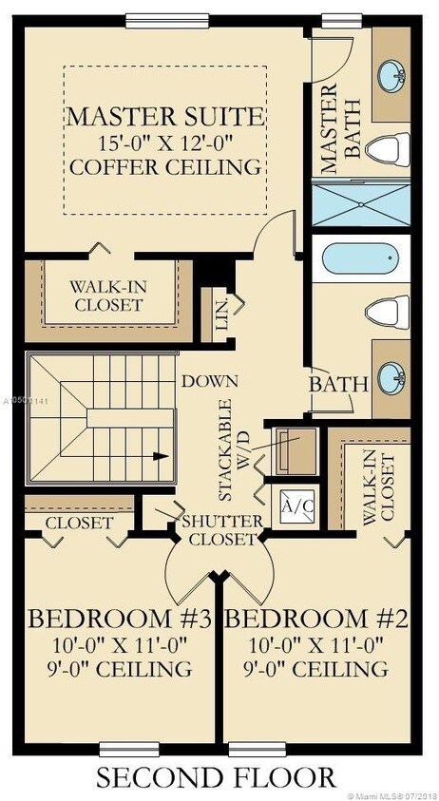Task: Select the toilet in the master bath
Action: point(390,148)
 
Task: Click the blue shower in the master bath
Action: point(360,203)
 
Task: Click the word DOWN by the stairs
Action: point(211,381)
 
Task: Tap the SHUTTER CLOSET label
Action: point(221,529)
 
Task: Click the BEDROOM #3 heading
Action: point(119,620)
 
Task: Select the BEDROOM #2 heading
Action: point(319,620)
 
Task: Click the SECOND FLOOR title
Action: point(215,776)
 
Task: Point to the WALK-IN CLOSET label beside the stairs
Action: point(105,296)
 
